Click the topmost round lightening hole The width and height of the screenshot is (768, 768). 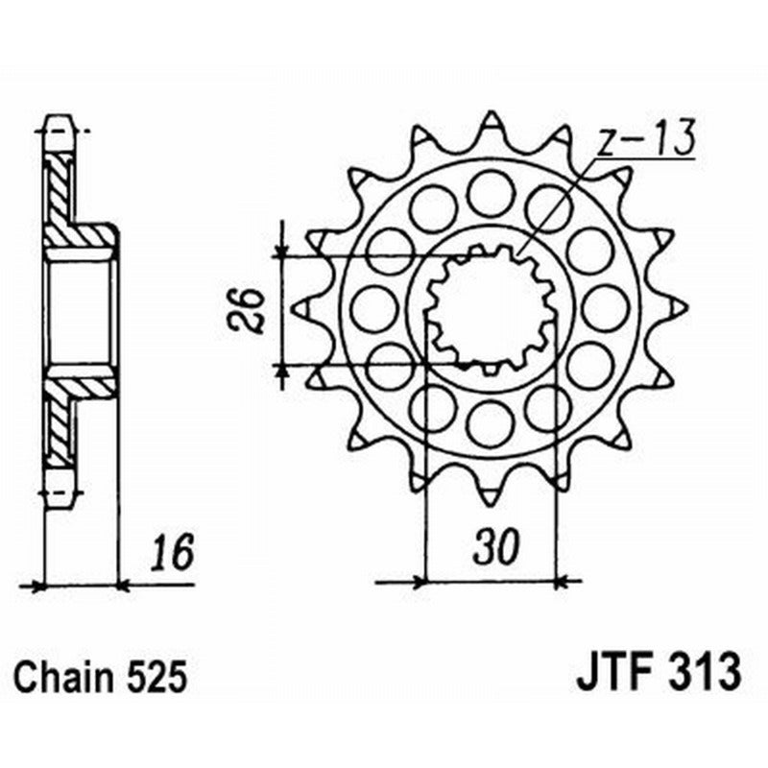tap(491, 192)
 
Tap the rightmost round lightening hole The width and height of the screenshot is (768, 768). tap(606, 307)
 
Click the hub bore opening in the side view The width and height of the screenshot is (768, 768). tap(79, 307)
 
